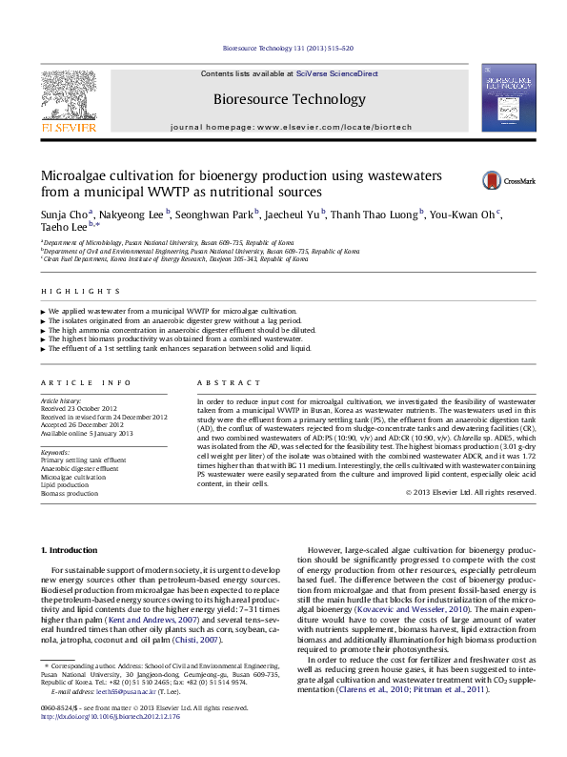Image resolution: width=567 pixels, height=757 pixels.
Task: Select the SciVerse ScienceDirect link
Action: click(336, 73)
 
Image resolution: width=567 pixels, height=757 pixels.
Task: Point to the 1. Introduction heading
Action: click(71, 551)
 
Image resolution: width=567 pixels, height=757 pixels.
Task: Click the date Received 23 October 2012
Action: click(79, 409)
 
